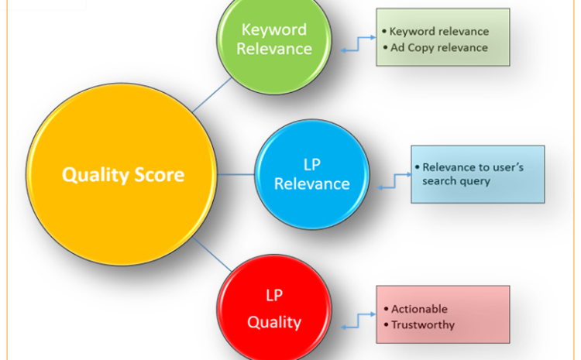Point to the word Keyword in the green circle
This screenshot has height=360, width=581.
pyautogui.click(x=274, y=30)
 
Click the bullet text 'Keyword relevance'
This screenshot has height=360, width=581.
pyautogui.click(x=438, y=32)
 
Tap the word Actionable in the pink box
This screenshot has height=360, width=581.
pyautogui.click(x=419, y=309)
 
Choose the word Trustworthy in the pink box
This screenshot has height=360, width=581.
pyautogui.click(x=422, y=325)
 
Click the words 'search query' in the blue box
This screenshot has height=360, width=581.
pyautogui.click(x=456, y=181)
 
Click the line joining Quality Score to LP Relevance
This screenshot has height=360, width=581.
pyautogui.click(x=237, y=174)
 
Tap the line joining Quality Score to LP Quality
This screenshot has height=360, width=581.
pyautogui.click(x=213, y=255)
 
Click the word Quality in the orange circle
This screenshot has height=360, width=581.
pyautogui.click(x=91, y=174)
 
